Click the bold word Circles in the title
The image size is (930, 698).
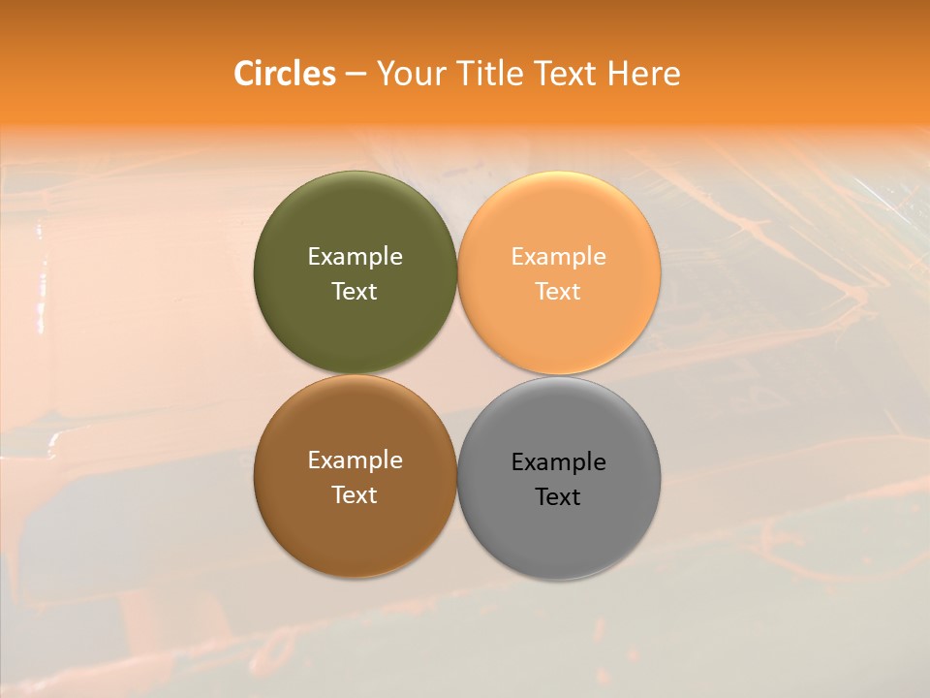(x=284, y=74)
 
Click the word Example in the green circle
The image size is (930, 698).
(x=355, y=257)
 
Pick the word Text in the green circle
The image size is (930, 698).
(x=355, y=292)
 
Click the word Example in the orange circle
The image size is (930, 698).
(x=559, y=257)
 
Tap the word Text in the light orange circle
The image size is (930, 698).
(x=559, y=292)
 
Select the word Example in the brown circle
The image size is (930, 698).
(x=355, y=460)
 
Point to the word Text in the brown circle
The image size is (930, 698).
(x=355, y=495)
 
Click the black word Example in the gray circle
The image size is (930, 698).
(x=559, y=462)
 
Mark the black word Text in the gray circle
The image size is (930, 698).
(x=559, y=497)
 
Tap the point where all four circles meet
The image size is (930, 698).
(x=457, y=375)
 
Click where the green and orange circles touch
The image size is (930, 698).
(x=457, y=273)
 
